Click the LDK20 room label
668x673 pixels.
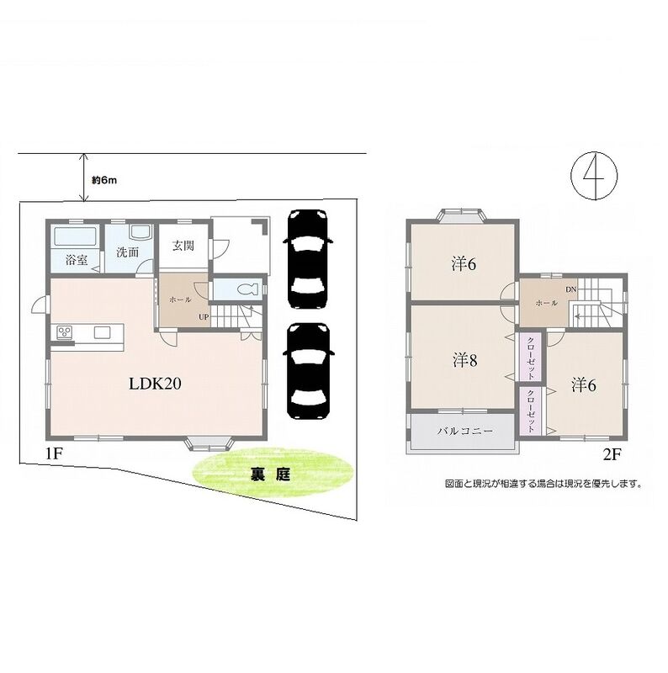tap(155, 384)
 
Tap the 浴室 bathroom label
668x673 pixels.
tap(77, 260)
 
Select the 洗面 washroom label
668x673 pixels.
tap(128, 252)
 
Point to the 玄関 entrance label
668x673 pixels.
tap(183, 246)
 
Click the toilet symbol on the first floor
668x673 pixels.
tap(246, 289)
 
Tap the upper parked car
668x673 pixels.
tap(307, 259)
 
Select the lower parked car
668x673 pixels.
tap(307, 371)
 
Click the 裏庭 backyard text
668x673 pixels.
tap(270, 474)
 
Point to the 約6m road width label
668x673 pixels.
tap(104, 180)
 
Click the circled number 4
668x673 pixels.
tap(594, 176)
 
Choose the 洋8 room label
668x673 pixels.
tap(465, 361)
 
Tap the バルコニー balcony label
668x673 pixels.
tap(465, 431)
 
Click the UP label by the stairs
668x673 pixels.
tap(204, 317)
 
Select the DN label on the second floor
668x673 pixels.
tap(570, 289)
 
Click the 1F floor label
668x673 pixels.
tap(54, 453)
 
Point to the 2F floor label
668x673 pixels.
tap(612, 454)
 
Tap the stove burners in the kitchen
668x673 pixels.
tap(66, 331)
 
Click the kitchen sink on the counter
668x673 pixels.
tap(103, 332)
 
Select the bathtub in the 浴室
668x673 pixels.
tap(76, 236)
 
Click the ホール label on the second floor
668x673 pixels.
tap(547, 303)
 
